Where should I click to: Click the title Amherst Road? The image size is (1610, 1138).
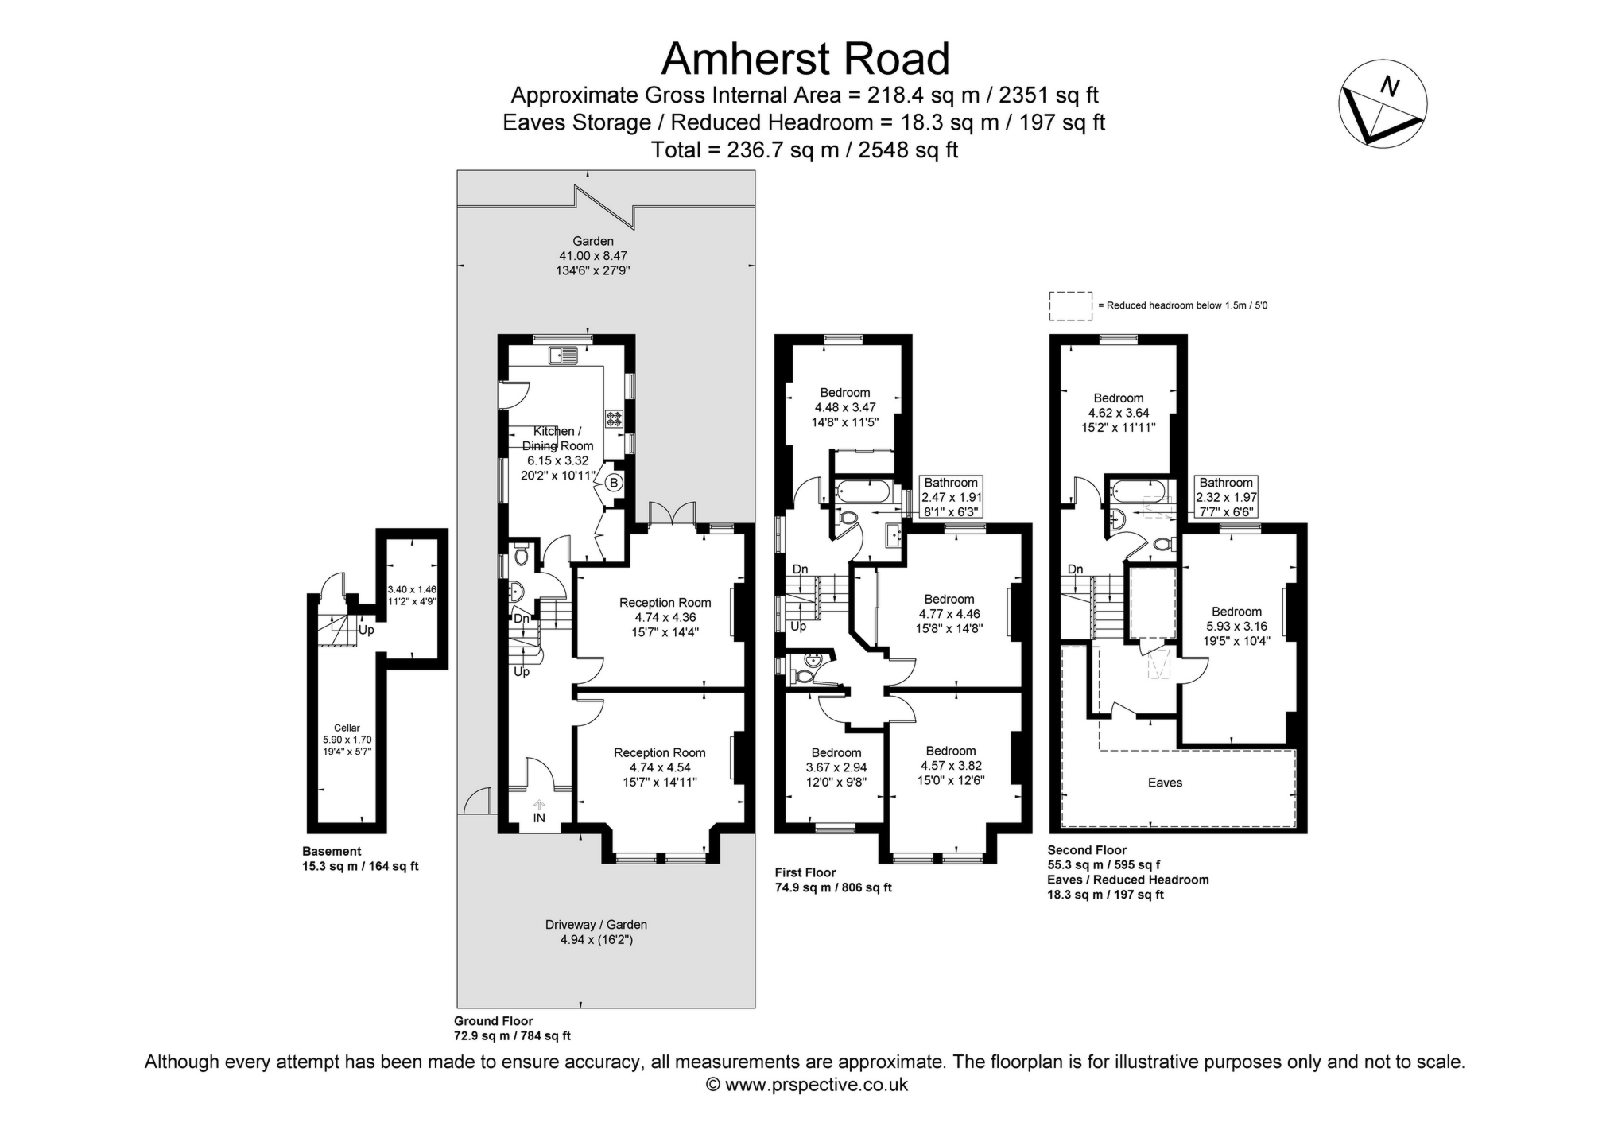(x=805, y=59)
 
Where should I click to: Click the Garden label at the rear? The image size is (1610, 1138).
(x=593, y=241)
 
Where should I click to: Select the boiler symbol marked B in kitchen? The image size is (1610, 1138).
(x=614, y=483)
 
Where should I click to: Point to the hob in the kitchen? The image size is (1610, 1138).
(x=615, y=418)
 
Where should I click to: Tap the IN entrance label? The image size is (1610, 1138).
(x=539, y=818)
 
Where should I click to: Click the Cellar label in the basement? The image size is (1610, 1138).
(x=347, y=728)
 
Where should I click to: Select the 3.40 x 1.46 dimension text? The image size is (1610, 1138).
(x=412, y=589)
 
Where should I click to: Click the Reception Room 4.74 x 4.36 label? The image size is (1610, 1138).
(x=665, y=617)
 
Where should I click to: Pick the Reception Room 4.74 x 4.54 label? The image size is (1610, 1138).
(x=659, y=767)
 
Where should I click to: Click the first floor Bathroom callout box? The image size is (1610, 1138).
(x=951, y=497)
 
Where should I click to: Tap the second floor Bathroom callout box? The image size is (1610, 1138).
(x=1226, y=497)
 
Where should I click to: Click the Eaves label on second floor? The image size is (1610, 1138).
(x=1165, y=783)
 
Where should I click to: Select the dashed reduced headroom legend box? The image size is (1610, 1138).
(x=1070, y=306)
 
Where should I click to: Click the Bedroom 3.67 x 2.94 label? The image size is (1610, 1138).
(x=836, y=767)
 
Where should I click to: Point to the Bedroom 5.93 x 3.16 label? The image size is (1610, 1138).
(x=1236, y=626)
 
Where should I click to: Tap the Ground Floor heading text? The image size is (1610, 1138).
(x=493, y=1021)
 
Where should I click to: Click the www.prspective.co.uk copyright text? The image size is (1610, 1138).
(x=805, y=1085)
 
